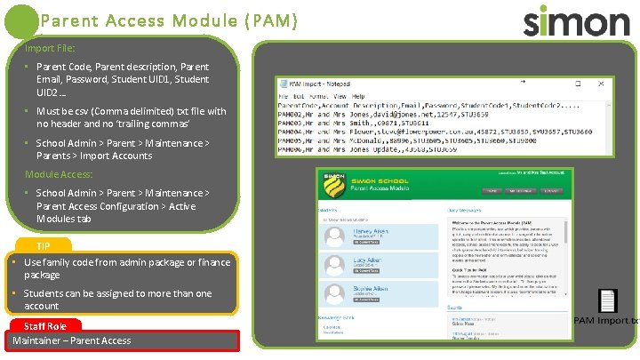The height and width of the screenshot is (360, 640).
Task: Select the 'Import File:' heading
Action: (50, 47)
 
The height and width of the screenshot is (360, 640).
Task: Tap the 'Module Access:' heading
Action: (59, 174)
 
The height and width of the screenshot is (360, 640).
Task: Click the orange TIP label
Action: (44, 245)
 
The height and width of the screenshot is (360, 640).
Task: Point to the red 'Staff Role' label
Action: (44, 326)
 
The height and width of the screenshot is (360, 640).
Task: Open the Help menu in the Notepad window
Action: (358, 96)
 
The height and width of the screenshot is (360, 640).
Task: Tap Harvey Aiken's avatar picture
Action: (335, 236)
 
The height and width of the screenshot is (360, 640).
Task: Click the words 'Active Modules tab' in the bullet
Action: (63, 219)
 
